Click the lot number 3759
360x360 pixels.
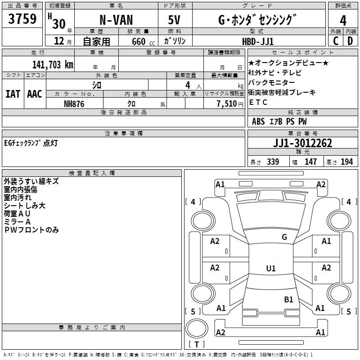[22, 19]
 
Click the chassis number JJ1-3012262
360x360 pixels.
[302, 144]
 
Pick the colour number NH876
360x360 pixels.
[74, 103]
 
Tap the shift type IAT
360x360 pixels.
[13, 94]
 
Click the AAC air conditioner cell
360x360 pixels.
[34, 94]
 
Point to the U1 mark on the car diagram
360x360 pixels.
[270, 268]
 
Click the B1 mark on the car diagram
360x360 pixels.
[288, 299]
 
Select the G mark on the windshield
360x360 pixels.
[284, 237]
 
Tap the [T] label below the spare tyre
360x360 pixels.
[197, 344]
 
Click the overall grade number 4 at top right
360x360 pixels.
[343, 20]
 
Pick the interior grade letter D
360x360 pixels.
[350, 41]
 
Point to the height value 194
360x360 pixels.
[347, 162]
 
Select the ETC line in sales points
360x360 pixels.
[258, 102]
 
